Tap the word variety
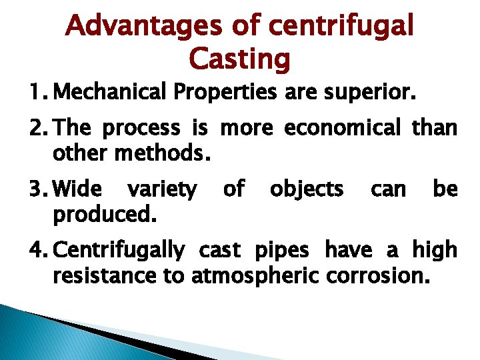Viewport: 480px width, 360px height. pos(162,191)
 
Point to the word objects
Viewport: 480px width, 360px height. pos(307,189)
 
